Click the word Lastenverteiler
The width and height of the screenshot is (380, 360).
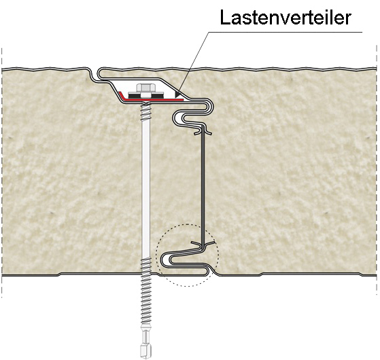(286, 18)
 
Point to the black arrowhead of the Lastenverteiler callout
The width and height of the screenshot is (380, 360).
(179, 94)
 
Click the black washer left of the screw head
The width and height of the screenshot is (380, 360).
(135, 95)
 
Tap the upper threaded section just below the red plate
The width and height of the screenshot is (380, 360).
(145, 111)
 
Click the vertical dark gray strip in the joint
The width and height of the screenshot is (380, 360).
(203, 186)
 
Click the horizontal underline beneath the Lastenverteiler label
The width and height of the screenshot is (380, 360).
(286, 32)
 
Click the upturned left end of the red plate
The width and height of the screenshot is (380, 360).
(120, 94)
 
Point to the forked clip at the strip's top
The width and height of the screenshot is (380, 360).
(203, 130)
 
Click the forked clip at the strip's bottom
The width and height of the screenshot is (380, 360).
(203, 244)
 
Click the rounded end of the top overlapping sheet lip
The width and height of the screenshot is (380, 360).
(100, 73)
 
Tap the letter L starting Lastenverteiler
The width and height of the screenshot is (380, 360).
(225, 18)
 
